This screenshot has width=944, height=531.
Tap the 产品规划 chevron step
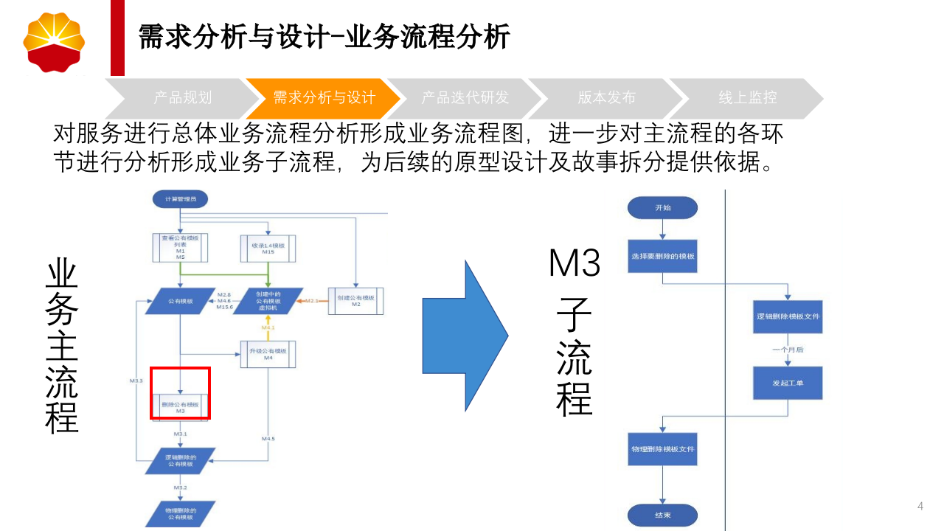click(182, 98)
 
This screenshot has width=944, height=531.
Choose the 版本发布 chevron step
click(606, 98)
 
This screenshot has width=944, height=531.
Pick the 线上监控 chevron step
click(746, 98)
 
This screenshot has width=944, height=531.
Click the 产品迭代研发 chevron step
click(465, 98)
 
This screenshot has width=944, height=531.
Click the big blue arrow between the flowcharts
click(465, 335)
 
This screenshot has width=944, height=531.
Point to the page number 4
click(920, 506)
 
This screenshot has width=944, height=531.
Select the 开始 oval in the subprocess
click(662, 208)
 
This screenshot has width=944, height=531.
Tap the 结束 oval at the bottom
click(662, 515)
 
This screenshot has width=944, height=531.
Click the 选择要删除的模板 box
click(662, 257)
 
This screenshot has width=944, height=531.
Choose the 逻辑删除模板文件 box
click(788, 316)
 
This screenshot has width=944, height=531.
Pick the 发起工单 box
click(788, 383)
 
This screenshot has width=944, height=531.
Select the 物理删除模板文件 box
click(662, 449)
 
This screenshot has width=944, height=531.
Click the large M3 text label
click(575, 263)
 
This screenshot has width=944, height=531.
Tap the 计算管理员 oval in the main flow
click(180, 199)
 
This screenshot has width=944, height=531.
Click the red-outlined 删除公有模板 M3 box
click(181, 404)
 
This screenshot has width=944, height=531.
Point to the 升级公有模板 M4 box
click(268, 353)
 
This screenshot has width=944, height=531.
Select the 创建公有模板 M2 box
click(355, 300)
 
